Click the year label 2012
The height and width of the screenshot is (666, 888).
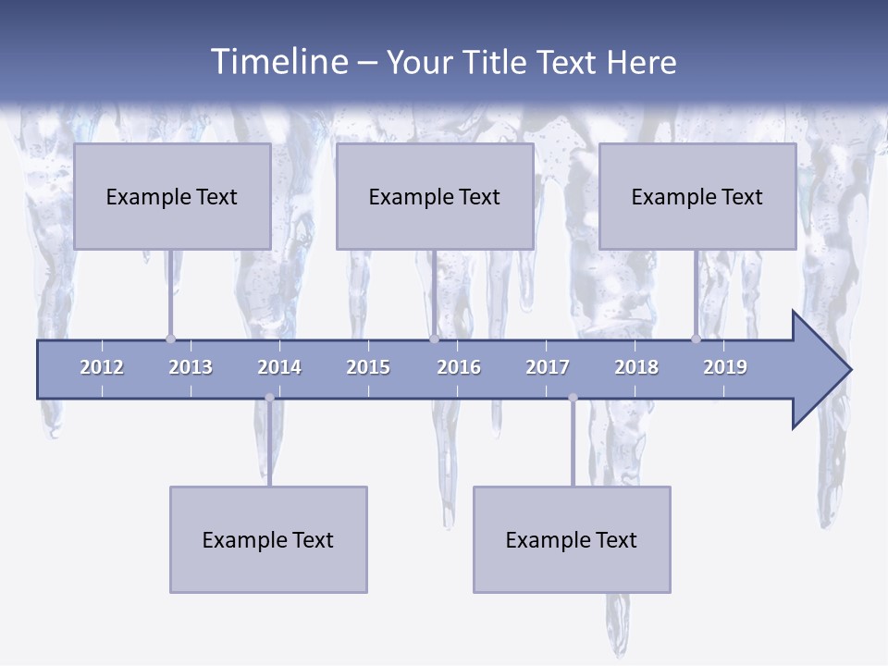(102, 367)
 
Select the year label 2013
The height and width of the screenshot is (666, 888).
(191, 367)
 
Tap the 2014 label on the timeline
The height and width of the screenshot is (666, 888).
(279, 367)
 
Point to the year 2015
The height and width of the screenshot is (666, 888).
(368, 367)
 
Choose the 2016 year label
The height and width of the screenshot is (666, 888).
(459, 367)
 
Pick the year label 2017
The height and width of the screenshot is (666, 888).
(548, 367)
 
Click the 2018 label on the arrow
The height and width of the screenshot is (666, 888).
(636, 367)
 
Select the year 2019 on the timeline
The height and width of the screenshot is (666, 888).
(725, 367)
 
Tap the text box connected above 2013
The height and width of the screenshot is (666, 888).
(172, 196)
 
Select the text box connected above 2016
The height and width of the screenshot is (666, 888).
(435, 196)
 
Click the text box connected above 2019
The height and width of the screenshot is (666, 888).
(697, 196)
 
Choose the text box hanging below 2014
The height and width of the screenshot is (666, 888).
(268, 539)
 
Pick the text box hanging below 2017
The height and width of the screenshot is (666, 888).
(572, 539)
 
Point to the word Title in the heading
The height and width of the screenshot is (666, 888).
(498, 62)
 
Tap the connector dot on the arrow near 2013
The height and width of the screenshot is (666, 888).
(170, 339)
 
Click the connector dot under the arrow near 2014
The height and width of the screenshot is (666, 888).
(269, 398)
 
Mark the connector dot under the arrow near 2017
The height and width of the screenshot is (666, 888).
(573, 398)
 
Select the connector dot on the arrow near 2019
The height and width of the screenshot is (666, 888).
(696, 339)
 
